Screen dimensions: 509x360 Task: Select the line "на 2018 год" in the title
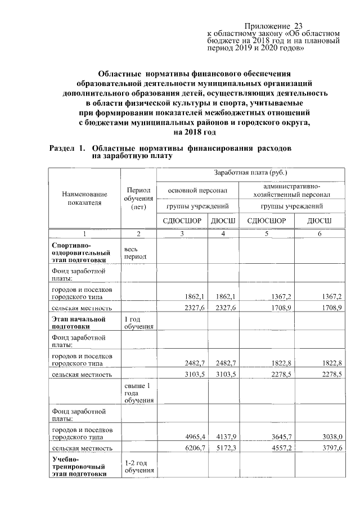pos(195,132)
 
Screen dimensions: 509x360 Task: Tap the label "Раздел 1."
pos(67,149)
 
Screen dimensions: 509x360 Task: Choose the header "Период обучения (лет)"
pos(138,198)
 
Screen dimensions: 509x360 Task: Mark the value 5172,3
pos(224,448)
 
